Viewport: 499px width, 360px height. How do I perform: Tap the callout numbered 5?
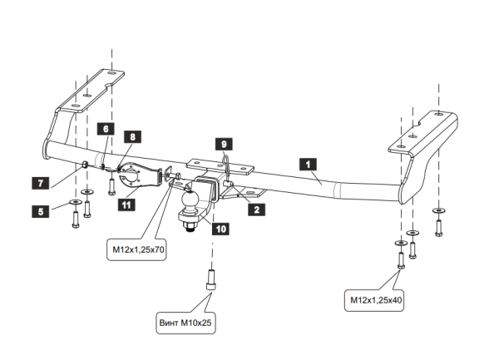(x=38, y=211)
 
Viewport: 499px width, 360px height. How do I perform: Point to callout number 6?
(x=106, y=128)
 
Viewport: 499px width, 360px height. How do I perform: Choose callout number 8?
(x=131, y=136)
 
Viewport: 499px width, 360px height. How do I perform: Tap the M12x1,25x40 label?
(x=377, y=299)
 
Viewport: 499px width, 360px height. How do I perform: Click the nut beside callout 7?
(x=86, y=165)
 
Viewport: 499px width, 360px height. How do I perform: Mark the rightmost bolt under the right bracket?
(x=438, y=220)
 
